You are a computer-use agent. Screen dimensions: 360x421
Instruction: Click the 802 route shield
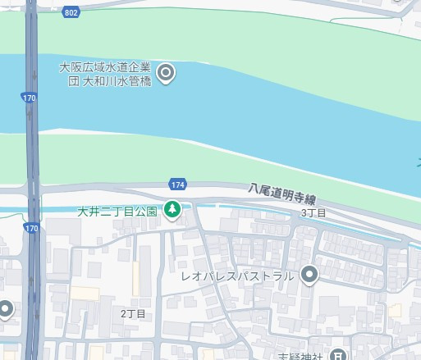tap(71, 13)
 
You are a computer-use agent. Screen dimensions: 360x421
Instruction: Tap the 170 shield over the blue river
tap(30, 98)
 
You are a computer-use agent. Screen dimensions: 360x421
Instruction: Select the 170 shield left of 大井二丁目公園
tap(31, 227)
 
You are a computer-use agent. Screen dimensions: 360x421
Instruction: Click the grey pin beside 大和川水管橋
tap(166, 74)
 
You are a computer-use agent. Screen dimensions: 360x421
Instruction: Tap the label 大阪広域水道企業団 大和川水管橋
tap(105, 75)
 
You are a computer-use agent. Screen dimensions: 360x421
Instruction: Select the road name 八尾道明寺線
tap(282, 194)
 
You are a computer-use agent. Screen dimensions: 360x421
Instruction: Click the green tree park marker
tap(172, 210)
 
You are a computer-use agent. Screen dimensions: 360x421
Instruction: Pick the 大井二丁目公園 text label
tap(117, 211)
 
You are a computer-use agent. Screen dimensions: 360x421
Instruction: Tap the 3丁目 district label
tap(313, 213)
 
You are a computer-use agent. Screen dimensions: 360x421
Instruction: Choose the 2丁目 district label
tap(132, 313)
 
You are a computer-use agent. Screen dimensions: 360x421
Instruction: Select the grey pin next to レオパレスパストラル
tap(309, 276)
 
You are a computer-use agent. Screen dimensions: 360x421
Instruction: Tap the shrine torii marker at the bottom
tap(337, 354)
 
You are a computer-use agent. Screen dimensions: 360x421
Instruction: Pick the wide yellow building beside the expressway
tap(85, 294)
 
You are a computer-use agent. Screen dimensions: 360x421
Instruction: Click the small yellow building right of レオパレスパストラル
tap(395, 311)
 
